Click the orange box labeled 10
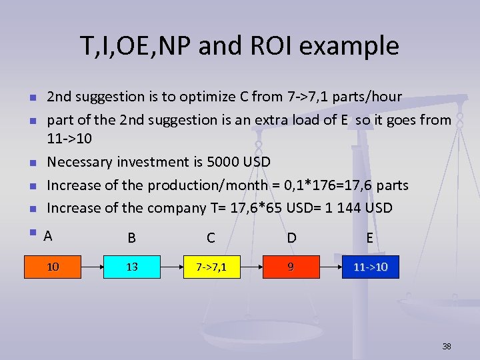pos(53,267)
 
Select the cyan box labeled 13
pos(132,267)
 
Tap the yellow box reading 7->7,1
pos(211,267)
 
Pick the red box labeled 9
pos(290,267)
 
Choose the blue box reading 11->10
pos(371,267)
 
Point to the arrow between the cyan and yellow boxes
pos(171,267)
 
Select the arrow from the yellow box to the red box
pos(251,267)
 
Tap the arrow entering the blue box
pos(330,267)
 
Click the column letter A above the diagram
pos(48,235)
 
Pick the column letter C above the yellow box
pos(211,237)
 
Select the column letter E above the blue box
pos(369,237)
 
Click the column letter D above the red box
pos(291,237)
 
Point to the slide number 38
pos(446,346)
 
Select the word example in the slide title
pos(355,47)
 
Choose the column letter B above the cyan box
pos(132,237)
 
